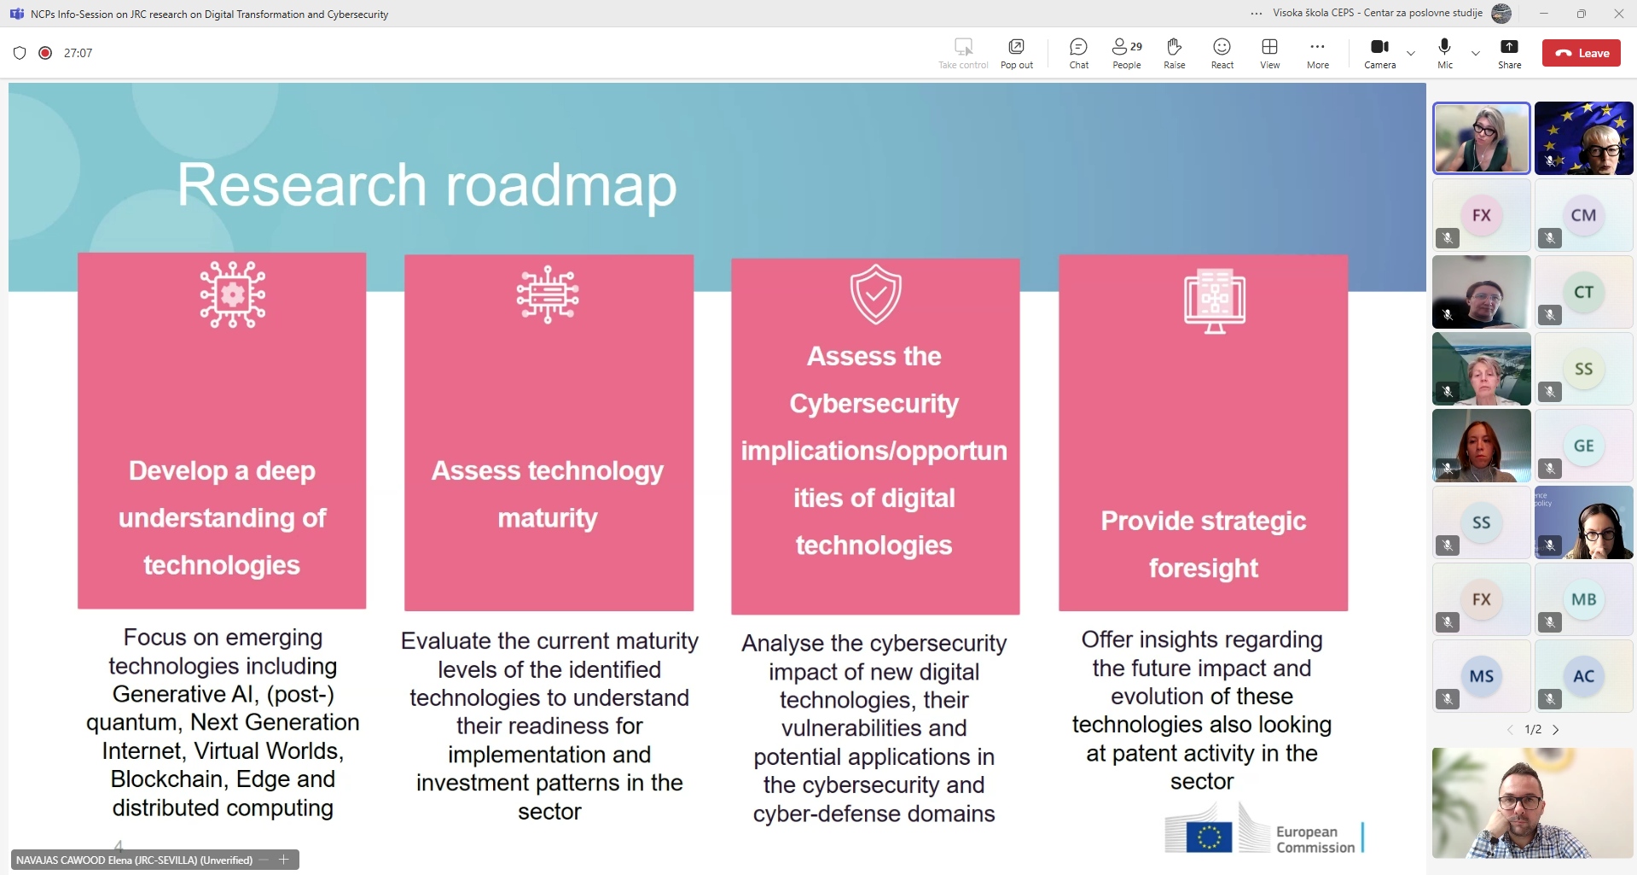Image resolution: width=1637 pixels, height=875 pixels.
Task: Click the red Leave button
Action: point(1581,53)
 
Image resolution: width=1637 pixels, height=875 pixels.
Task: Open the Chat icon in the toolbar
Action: point(1078,47)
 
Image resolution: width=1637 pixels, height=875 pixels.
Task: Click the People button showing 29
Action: point(1127,46)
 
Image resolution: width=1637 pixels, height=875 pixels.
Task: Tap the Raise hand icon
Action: point(1174,47)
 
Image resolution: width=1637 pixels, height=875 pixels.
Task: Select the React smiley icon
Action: point(1222,47)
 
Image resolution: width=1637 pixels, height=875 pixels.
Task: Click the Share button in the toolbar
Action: point(1509,47)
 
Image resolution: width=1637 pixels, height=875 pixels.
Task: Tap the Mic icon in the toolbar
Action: point(1444,47)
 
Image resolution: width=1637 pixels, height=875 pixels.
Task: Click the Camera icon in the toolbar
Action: point(1379,47)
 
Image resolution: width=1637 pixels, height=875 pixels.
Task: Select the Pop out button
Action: point(1016,47)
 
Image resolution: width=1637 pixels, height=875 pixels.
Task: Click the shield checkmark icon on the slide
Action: point(875,294)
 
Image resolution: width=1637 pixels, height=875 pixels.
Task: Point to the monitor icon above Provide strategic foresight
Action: point(1215,300)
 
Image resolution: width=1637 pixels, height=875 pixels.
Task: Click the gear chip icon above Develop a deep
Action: point(232,295)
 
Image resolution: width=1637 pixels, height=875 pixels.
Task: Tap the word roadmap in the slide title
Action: point(561,186)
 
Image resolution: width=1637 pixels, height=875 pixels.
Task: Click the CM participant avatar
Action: point(1583,215)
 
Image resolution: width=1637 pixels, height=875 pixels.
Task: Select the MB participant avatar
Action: point(1583,599)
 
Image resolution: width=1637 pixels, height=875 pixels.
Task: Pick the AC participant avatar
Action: point(1583,676)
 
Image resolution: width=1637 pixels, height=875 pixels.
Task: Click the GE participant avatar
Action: point(1583,446)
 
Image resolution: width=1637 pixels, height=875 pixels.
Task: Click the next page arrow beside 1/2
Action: point(1556,730)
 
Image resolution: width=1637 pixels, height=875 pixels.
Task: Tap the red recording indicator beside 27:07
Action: point(45,53)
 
